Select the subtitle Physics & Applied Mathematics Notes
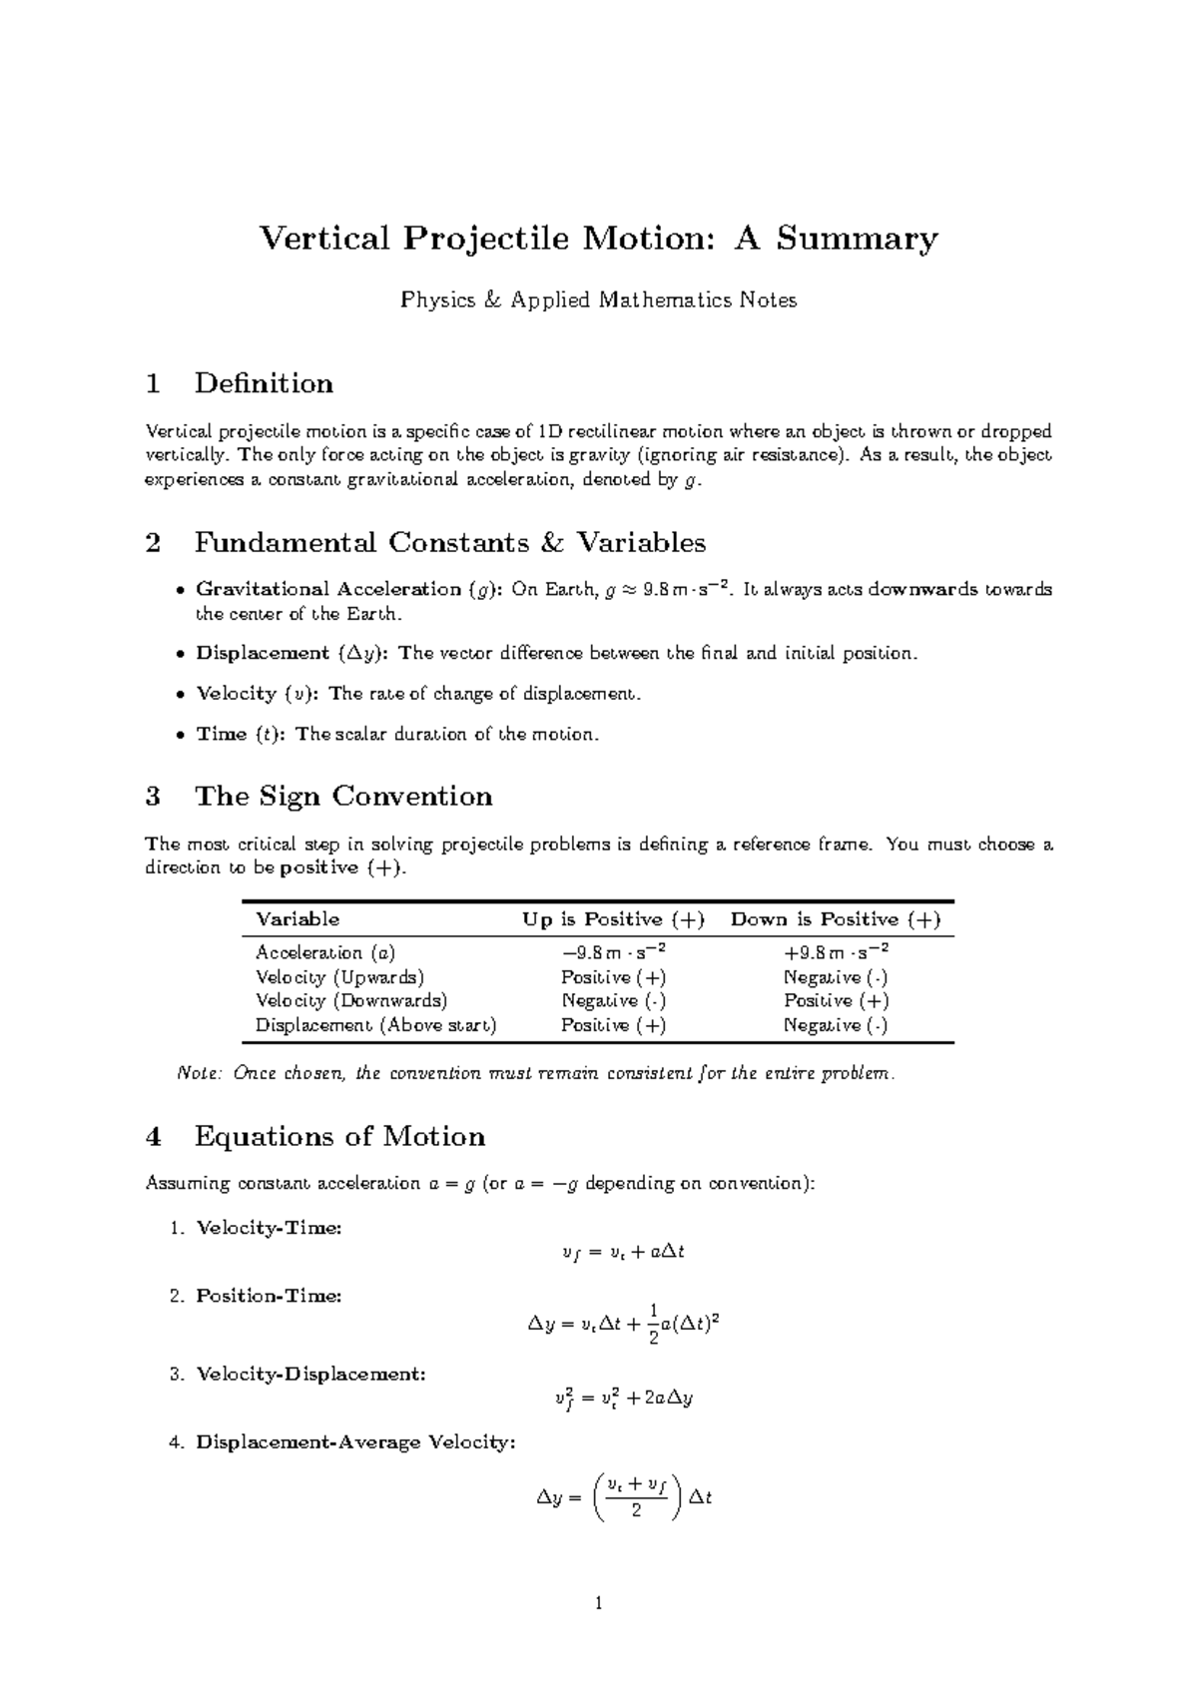598,299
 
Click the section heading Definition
264,383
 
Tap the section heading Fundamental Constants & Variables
449,543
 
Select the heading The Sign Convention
343,796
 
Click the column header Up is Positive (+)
614,919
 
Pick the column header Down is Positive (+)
836,919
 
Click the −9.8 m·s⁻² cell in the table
614,951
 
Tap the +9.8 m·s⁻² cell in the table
836,951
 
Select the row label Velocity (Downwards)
351,1000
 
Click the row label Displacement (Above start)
375,1025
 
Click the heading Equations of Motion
339,1136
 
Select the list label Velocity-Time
269,1228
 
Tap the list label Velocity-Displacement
310,1374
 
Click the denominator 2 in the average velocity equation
636,1511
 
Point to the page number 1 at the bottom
598,1604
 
